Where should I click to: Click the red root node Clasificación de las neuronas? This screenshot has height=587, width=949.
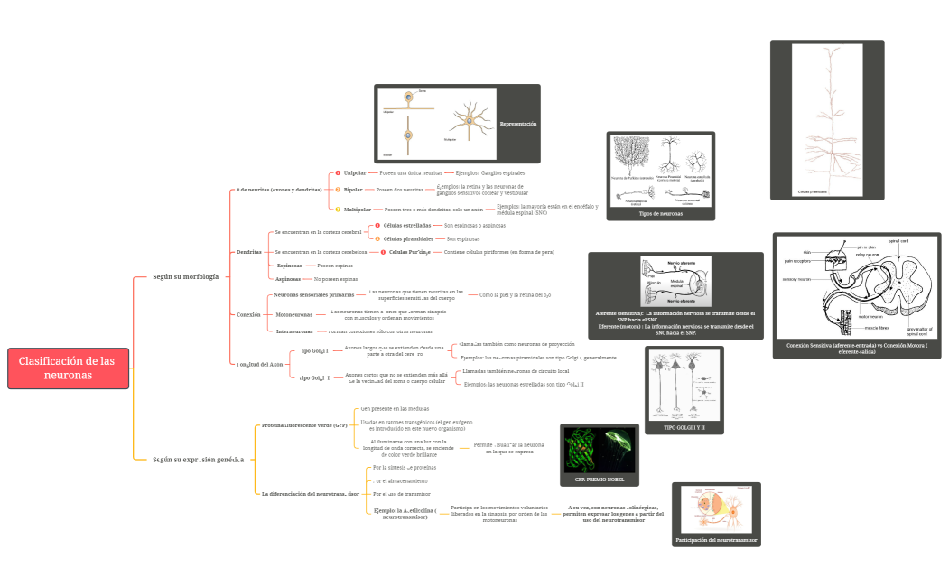point(68,368)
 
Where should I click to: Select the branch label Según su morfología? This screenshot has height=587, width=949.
point(185,276)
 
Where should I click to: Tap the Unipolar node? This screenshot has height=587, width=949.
point(355,172)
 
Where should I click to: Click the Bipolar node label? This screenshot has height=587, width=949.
point(353,190)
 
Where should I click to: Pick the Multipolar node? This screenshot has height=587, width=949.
point(358,210)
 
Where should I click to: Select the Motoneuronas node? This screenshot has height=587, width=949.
point(293,315)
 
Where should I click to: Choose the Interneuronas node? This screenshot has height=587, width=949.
point(294,331)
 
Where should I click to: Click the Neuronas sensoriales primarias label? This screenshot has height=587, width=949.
point(314,295)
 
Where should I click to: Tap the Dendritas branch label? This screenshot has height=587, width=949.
point(249,252)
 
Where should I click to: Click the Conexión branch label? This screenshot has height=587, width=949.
point(248,315)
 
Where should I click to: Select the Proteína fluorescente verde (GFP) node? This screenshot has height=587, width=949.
point(303,424)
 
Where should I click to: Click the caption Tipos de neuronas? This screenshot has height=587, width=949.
point(660,214)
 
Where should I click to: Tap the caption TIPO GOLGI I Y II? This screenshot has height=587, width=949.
point(684,427)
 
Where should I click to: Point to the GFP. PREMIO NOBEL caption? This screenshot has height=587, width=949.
point(600,478)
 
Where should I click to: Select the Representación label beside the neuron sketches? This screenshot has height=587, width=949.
point(518,123)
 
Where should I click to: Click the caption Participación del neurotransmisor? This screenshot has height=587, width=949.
point(716,540)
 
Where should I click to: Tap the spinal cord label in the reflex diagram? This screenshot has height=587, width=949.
point(898,241)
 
